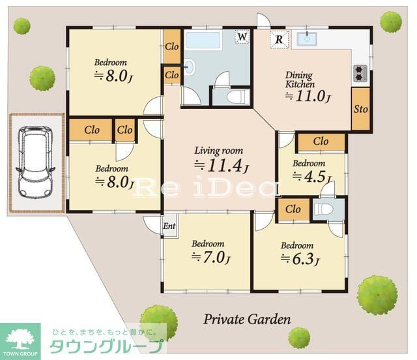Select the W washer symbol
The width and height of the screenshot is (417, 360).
(x=242, y=37)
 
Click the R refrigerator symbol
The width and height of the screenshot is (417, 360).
(x=279, y=39)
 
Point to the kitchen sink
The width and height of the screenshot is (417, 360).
(x=306, y=38)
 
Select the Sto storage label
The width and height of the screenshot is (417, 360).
(x=360, y=108)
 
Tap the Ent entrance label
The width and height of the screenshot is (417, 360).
(x=169, y=226)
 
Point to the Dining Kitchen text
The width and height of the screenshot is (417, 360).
(x=300, y=80)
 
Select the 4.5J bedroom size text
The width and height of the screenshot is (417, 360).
(x=311, y=177)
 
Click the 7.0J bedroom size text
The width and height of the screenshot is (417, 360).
(x=210, y=257)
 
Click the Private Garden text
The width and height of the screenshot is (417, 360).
(x=247, y=320)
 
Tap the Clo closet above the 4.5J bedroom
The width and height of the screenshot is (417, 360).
(x=321, y=142)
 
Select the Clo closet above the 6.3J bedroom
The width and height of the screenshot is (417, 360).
(x=293, y=209)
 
